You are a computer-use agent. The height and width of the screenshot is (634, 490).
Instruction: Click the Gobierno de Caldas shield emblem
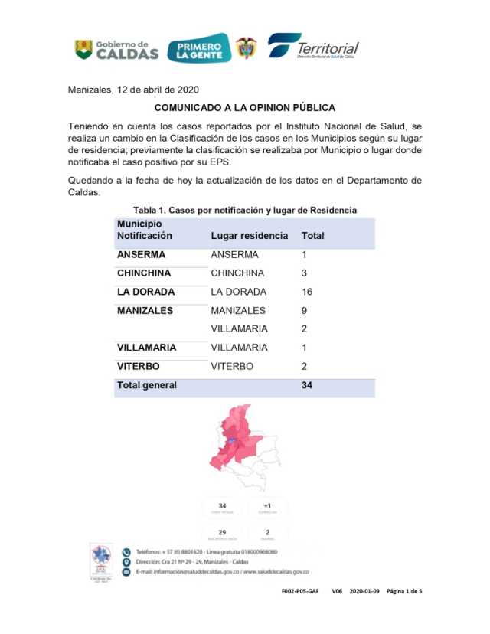pos(83,49)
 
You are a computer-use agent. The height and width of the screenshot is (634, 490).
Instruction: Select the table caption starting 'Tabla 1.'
pos(245,209)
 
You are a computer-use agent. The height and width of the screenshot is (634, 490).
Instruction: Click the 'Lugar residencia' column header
pos(250,236)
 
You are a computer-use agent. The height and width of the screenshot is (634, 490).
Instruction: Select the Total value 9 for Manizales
pos(305,310)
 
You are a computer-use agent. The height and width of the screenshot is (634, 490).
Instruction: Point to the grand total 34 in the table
pos(308,385)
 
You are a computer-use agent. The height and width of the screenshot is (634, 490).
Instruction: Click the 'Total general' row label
pos(147,385)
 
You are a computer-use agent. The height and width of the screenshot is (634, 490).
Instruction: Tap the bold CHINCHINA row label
pos(144,273)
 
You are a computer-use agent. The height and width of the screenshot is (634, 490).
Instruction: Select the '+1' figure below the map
pos(268,505)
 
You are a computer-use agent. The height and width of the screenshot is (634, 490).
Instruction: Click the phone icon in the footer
pos(127,551)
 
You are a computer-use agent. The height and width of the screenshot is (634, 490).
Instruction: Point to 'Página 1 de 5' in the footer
pos(403,591)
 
